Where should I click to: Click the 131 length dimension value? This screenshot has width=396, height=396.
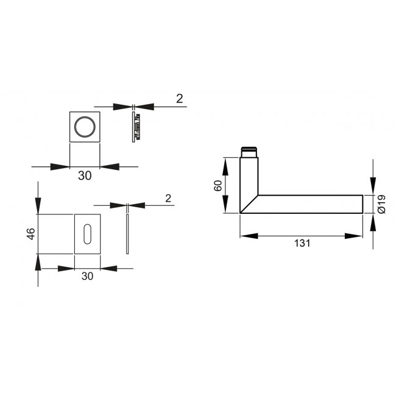click(x=302, y=244)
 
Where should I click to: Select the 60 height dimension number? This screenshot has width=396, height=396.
click(x=217, y=185)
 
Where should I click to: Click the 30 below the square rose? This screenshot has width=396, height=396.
click(x=85, y=175)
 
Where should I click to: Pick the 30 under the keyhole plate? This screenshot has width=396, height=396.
click(x=87, y=276)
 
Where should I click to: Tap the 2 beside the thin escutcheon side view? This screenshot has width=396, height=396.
click(x=168, y=197)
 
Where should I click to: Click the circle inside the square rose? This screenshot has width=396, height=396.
click(x=84, y=127)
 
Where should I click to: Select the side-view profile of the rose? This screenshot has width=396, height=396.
click(x=136, y=127)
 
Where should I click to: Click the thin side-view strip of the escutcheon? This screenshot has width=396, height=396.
click(x=127, y=233)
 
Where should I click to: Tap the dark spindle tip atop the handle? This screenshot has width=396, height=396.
click(x=249, y=150)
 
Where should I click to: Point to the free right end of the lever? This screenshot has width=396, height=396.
click(x=362, y=204)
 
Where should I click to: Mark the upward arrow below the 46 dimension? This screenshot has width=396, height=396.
click(x=38, y=262)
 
